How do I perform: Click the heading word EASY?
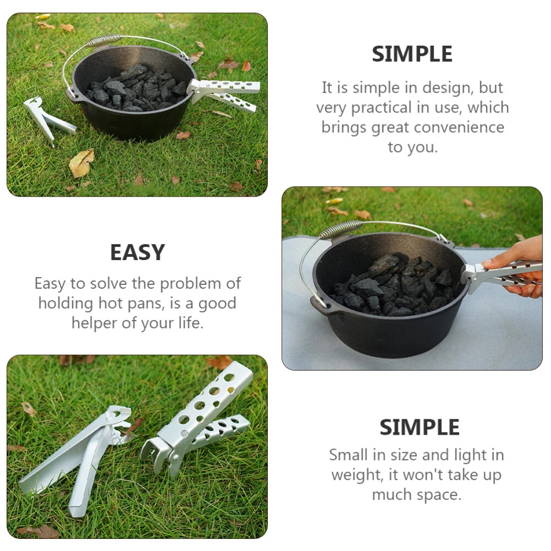tap(137, 252)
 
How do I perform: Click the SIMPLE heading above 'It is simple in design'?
tap(412, 54)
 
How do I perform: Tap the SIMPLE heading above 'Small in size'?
tap(419, 428)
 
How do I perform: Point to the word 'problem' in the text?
tap(191, 284)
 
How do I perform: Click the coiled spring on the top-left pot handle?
tap(104, 40)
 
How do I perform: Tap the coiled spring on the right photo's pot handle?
tap(341, 229)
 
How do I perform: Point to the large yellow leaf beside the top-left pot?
tap(82, 163)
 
